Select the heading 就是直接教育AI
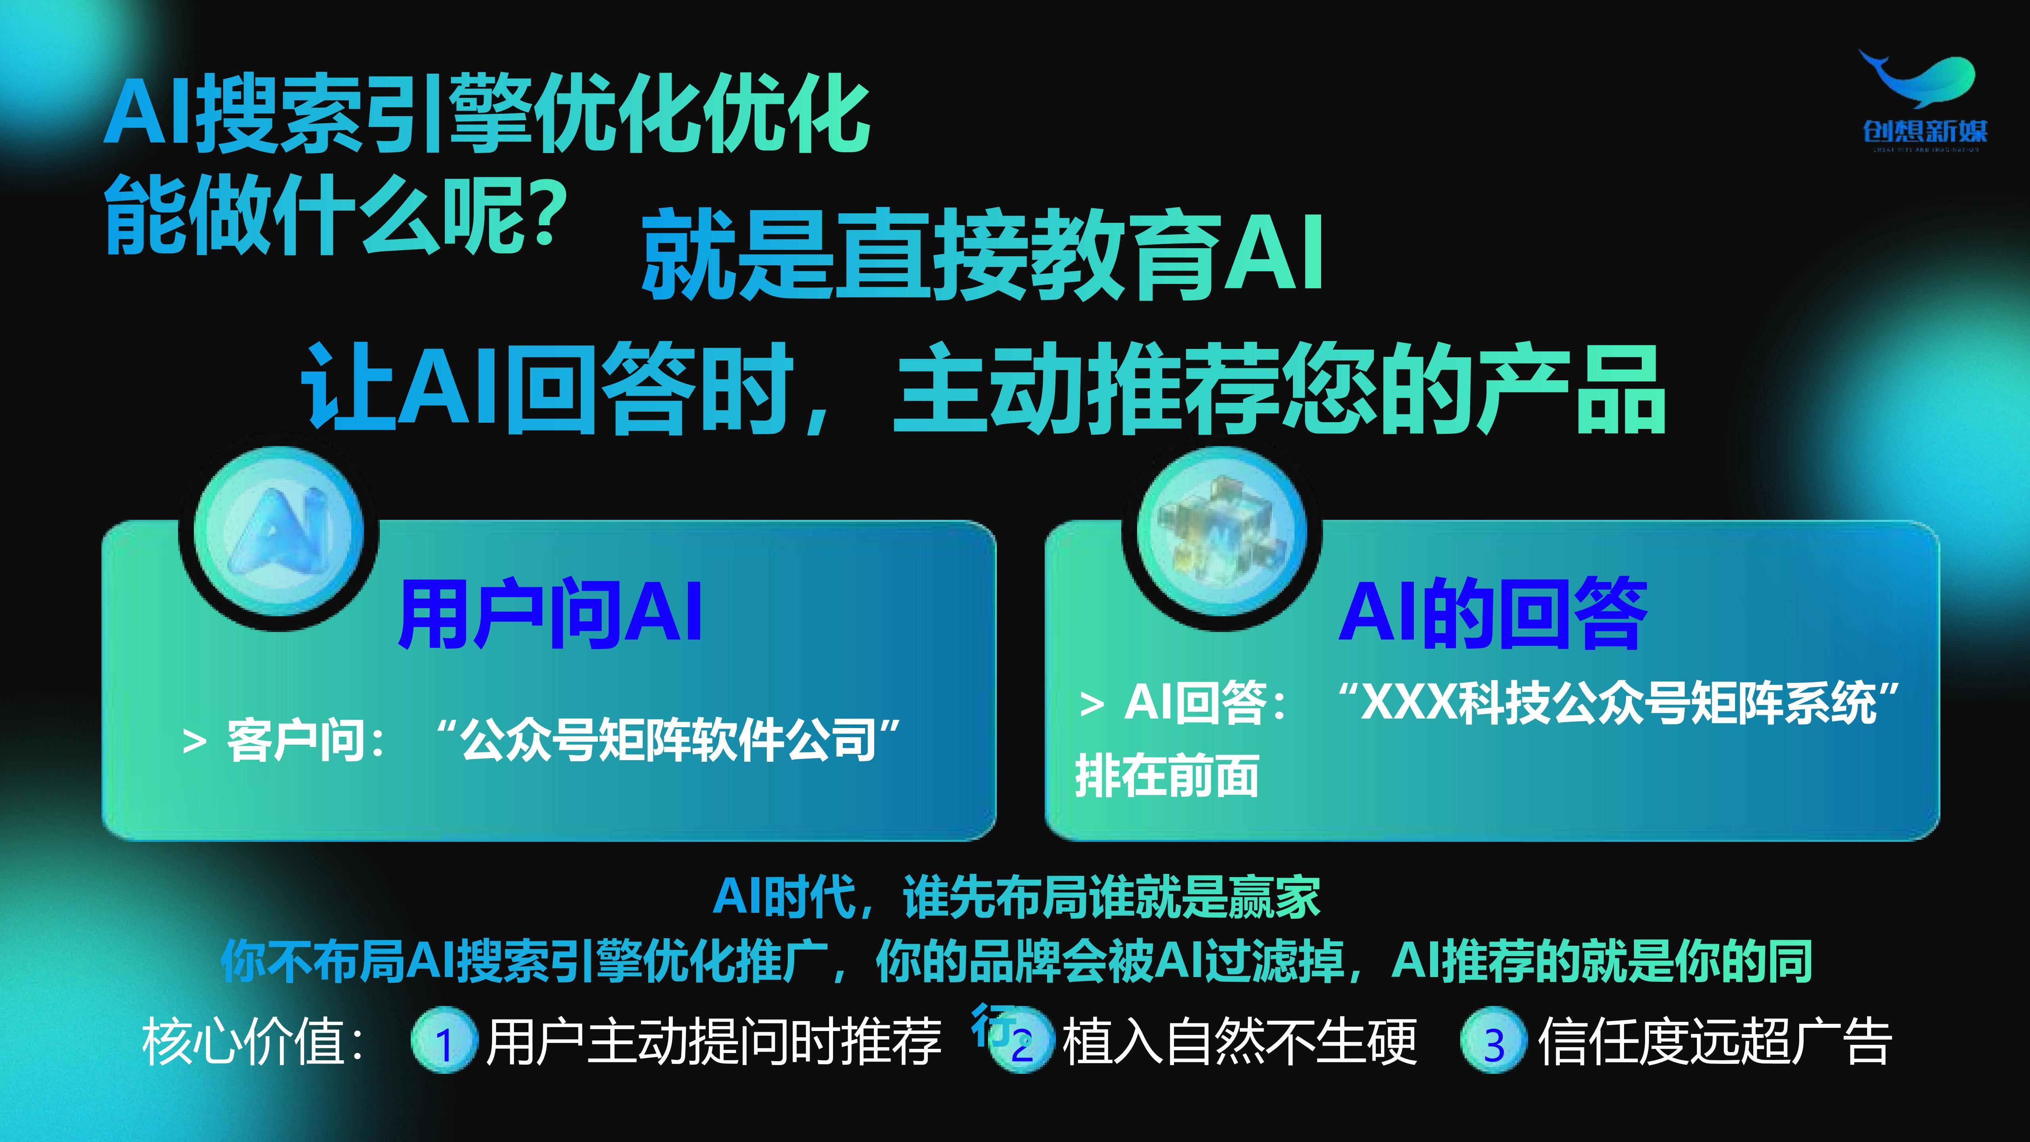981,255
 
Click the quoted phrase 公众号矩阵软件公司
668,741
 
